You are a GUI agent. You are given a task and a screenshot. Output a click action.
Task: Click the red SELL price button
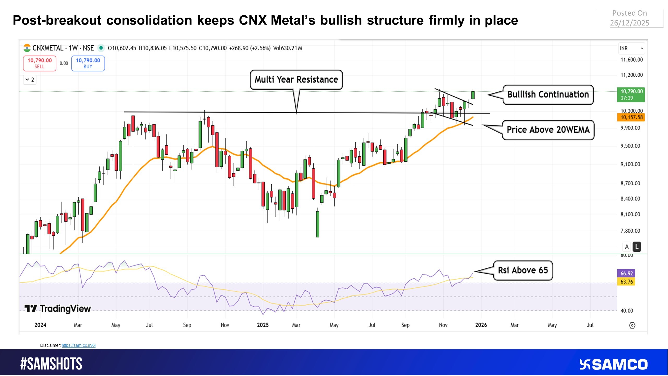40,63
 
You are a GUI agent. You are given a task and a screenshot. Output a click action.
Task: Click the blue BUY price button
88,63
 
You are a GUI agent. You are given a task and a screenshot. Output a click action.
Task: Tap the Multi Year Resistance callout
296,80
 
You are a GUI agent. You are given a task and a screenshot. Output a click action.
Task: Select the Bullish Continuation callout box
548,95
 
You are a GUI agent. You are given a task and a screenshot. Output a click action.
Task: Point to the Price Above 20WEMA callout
548,130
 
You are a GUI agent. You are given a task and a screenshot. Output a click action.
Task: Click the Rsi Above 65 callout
523,270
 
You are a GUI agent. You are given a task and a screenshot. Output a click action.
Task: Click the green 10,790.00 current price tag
631,95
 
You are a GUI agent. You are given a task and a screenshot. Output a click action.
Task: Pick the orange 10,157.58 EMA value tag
631,117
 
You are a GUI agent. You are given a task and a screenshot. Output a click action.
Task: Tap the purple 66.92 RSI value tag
626,273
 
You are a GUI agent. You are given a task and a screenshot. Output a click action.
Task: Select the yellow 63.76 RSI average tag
626,282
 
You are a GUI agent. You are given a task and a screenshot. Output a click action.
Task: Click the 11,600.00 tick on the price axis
631,60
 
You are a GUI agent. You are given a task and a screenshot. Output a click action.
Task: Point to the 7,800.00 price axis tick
630,231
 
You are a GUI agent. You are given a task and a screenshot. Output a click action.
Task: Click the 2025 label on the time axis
263,325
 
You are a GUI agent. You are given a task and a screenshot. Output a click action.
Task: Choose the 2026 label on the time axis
481,325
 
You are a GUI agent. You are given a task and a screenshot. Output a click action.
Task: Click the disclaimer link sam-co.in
79,345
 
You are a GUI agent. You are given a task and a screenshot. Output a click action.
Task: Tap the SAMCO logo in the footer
613,365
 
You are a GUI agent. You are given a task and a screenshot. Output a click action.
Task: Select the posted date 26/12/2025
629,23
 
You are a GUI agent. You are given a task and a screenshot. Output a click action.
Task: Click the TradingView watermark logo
58,309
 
